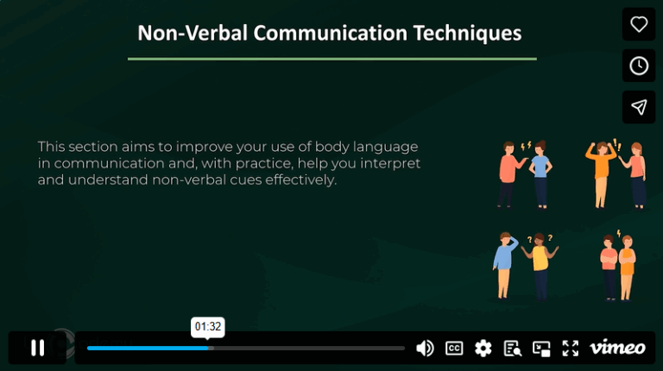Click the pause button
[37, 348]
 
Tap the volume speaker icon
[425, 348]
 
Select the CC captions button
[454, 348]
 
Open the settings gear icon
[483, 348]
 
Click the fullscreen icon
[571, 348]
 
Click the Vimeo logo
[617, 348]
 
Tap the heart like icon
[639, 24]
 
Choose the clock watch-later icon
[639, 66]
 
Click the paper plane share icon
[639, 107]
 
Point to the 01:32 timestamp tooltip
[208, 327]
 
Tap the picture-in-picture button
[541, 348]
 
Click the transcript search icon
[513, 348]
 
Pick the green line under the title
[331, 59]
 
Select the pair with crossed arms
[618, 266]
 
